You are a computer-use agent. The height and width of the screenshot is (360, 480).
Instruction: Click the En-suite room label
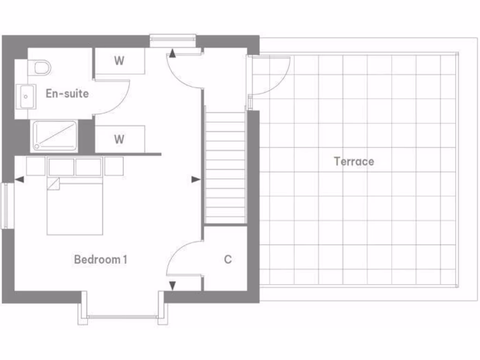[67, 93]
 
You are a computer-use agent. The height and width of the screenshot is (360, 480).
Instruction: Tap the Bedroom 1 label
[100, 259]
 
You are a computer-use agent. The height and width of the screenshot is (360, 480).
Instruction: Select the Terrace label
[354, 162]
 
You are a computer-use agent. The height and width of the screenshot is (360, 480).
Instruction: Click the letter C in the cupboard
[228, 259]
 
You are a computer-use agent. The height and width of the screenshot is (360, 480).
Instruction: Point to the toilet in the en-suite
[41, 67]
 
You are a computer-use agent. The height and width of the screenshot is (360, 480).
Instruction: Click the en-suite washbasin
[26, 97]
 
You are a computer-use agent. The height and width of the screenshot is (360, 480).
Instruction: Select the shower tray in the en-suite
[54, 136]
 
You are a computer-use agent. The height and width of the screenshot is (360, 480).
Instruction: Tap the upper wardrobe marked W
[119, 61]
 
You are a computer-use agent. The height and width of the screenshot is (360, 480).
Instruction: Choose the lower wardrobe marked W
[119, 139]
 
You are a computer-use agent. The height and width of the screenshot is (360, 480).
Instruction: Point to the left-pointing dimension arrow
[19, 179]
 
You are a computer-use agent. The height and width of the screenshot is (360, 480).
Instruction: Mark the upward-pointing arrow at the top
[172, 53]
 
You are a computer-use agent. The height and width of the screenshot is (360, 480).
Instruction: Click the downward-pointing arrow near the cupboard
[172, 285]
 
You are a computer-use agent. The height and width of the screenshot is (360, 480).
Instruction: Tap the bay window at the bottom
[123, 317]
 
